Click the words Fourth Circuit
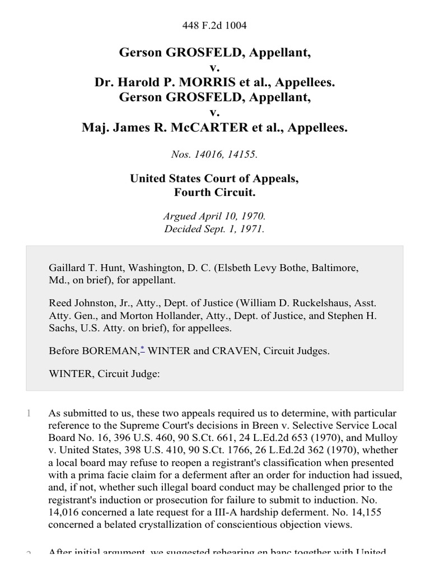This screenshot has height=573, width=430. point(214,193)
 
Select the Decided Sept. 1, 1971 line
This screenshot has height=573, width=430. point(214,228)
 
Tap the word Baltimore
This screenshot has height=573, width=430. point(333,268)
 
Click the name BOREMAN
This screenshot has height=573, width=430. point(110,351)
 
